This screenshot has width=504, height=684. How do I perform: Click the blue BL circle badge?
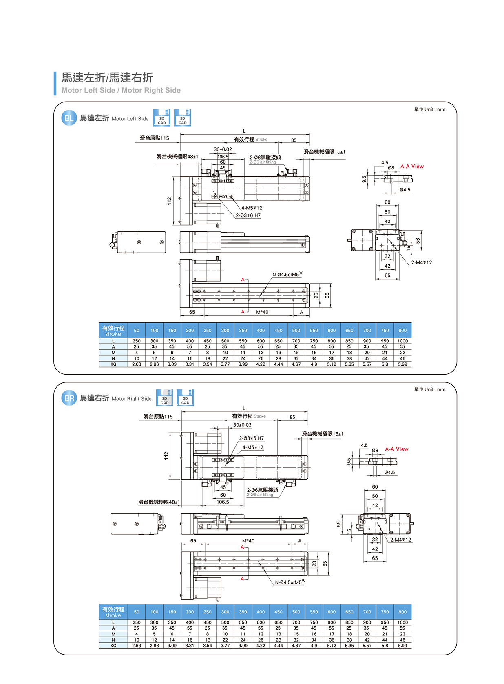pyautogui.click(x=69, y=118)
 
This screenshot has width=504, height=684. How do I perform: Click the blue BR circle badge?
pyautogui.click(x=69, y=398)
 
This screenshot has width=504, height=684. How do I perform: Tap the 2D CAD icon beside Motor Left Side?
pyautogui.click(x=162, y=118)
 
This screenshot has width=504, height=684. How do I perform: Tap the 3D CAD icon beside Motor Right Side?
pyautogui.click(x=185, y=398)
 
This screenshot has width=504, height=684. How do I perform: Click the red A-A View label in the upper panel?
pyautogui.click(x=412, y=167)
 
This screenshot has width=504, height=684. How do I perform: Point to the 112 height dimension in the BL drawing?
pyautogui.click(x=169, y=201)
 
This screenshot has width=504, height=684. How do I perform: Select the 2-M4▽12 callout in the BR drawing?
pyautogui.click(x=400, y=540)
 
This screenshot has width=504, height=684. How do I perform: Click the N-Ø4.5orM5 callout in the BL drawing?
pyautogui.click(x=287, y=275)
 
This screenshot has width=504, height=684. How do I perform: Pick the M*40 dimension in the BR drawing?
pyautogui.click(x=248, y=541)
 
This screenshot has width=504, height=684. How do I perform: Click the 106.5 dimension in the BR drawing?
pyautogui.click(x=223, y=502)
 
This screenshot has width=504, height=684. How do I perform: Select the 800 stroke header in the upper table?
pyautogui.click(x=402, y=331)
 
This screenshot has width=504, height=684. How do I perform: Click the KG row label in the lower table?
pyautogui.click(x=113, y=646)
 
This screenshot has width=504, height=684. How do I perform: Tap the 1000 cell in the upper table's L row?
pyautogui.click(x=402, y=341)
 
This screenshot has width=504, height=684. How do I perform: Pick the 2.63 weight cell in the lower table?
pyautogui.click(x=137, y=646)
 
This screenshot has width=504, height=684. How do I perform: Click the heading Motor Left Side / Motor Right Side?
pyautogui.click(x=121, y=90)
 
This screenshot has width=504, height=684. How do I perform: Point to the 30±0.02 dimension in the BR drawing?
pyautogui.click(x=242, y=425)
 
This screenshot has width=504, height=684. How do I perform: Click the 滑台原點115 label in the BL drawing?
pyautogui.click(x=155, y=138)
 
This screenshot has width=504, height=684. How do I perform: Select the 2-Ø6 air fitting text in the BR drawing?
pyautogui.click(x=260, y=495)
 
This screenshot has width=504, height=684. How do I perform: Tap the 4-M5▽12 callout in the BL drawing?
pyautogui.click(x=252, y=208)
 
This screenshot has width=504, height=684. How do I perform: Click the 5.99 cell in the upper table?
pyautogui.click(x=402, y=364)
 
